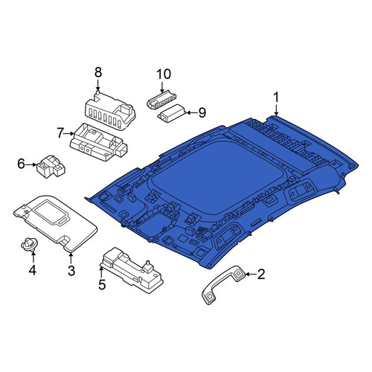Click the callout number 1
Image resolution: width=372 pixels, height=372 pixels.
pos(276,97)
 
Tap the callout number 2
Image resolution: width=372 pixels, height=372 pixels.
pos(261,275)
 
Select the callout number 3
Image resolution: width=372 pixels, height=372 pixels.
pos(71,271)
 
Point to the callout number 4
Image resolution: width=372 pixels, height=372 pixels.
pos(33,270)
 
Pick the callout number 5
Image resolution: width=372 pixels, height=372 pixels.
pos(102,284)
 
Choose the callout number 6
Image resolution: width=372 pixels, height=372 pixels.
pos(22,164)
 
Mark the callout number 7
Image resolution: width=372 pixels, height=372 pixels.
pos(60,133)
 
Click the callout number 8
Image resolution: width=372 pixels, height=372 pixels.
pos(98,73)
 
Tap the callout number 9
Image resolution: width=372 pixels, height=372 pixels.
pos(202,112)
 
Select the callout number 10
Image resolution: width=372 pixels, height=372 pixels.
pos(164,74)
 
